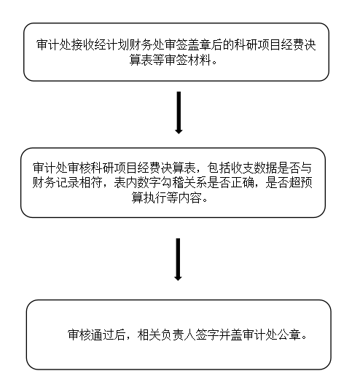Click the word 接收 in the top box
click(83, 45)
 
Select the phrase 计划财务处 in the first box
click(136, 45)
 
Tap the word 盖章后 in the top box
click(205, 45)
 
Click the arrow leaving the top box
click(179, 112)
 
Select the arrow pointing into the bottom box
click(178, 259)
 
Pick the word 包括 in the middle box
click(219, 168)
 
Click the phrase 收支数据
click(253, 168)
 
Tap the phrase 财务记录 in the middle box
click(55, 183)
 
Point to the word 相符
click(90, 183)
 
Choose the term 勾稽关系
click(184, 183)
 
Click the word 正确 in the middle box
click(242, 183)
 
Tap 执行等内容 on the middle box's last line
click(172, 198)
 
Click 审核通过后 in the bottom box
click(97, 335)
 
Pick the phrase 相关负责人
click(166, 335)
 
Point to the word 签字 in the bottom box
click(207, 335)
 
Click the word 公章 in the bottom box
click(288, 335)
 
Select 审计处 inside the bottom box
click(259, 335)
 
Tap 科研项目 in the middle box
click(114, 168)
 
